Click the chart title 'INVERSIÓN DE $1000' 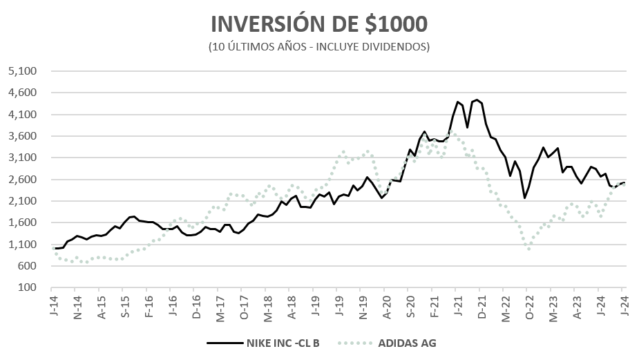click(x=319, y=24)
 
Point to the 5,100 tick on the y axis click(x=25, y=71)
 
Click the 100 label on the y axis click(x=30, y=287)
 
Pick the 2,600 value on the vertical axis click(x=25, y=180)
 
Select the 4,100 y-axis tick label click(x=25, y=115)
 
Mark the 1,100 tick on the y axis click(x=25, y=245)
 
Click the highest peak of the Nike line click(x=477, y=100)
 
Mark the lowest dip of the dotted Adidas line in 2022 click(x=529, y=248)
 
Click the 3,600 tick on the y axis click(x=25, y=136)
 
